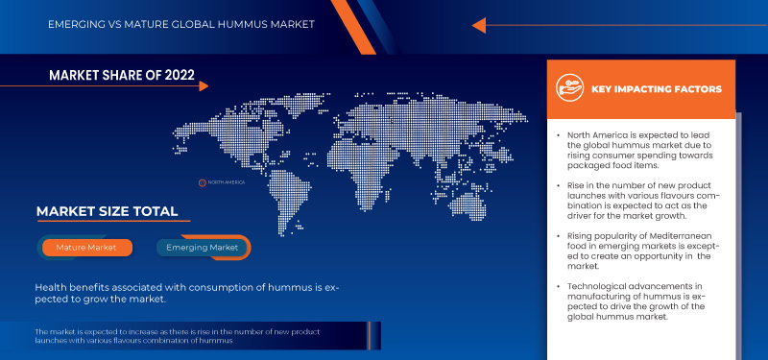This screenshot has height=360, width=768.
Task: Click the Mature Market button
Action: [x=85, y=248]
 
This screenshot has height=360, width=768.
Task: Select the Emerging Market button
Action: [x=203, y=248]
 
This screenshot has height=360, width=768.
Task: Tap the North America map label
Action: [x=227, y=181]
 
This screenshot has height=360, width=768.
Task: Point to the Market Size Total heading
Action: [x=107, y=211]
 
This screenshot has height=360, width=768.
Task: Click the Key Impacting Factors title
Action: [x=657, y=89]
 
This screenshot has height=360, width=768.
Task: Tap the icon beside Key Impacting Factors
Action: [x=570, y=89]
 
